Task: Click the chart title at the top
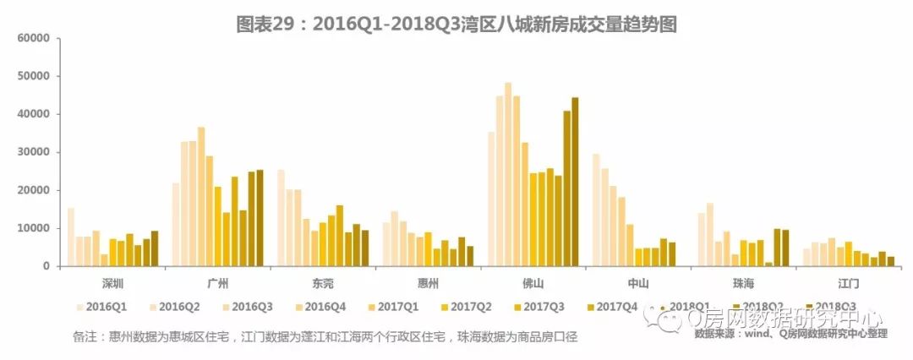coord(456,25)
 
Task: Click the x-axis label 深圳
coord(112,282)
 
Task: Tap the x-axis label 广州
coord(217,282)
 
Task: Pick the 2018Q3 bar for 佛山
coord(575,182)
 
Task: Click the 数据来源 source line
coord(790,334)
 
